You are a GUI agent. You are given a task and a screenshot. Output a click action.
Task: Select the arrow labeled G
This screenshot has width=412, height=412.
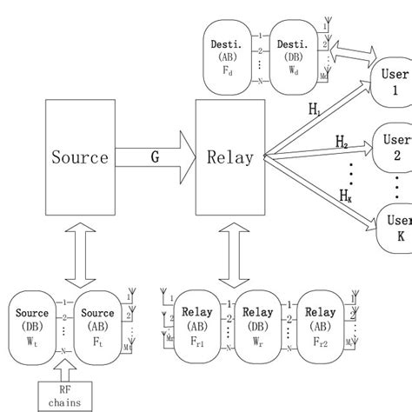[x=155, y=158]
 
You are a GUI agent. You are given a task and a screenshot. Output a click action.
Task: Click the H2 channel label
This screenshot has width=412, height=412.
[x=342, y=140]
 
